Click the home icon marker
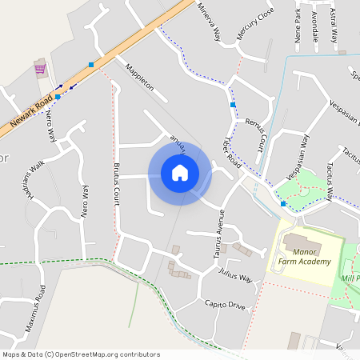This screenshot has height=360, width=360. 180,172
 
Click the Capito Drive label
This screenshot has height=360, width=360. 225,305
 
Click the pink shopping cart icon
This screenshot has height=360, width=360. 39,69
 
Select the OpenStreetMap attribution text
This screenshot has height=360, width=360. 81,354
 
